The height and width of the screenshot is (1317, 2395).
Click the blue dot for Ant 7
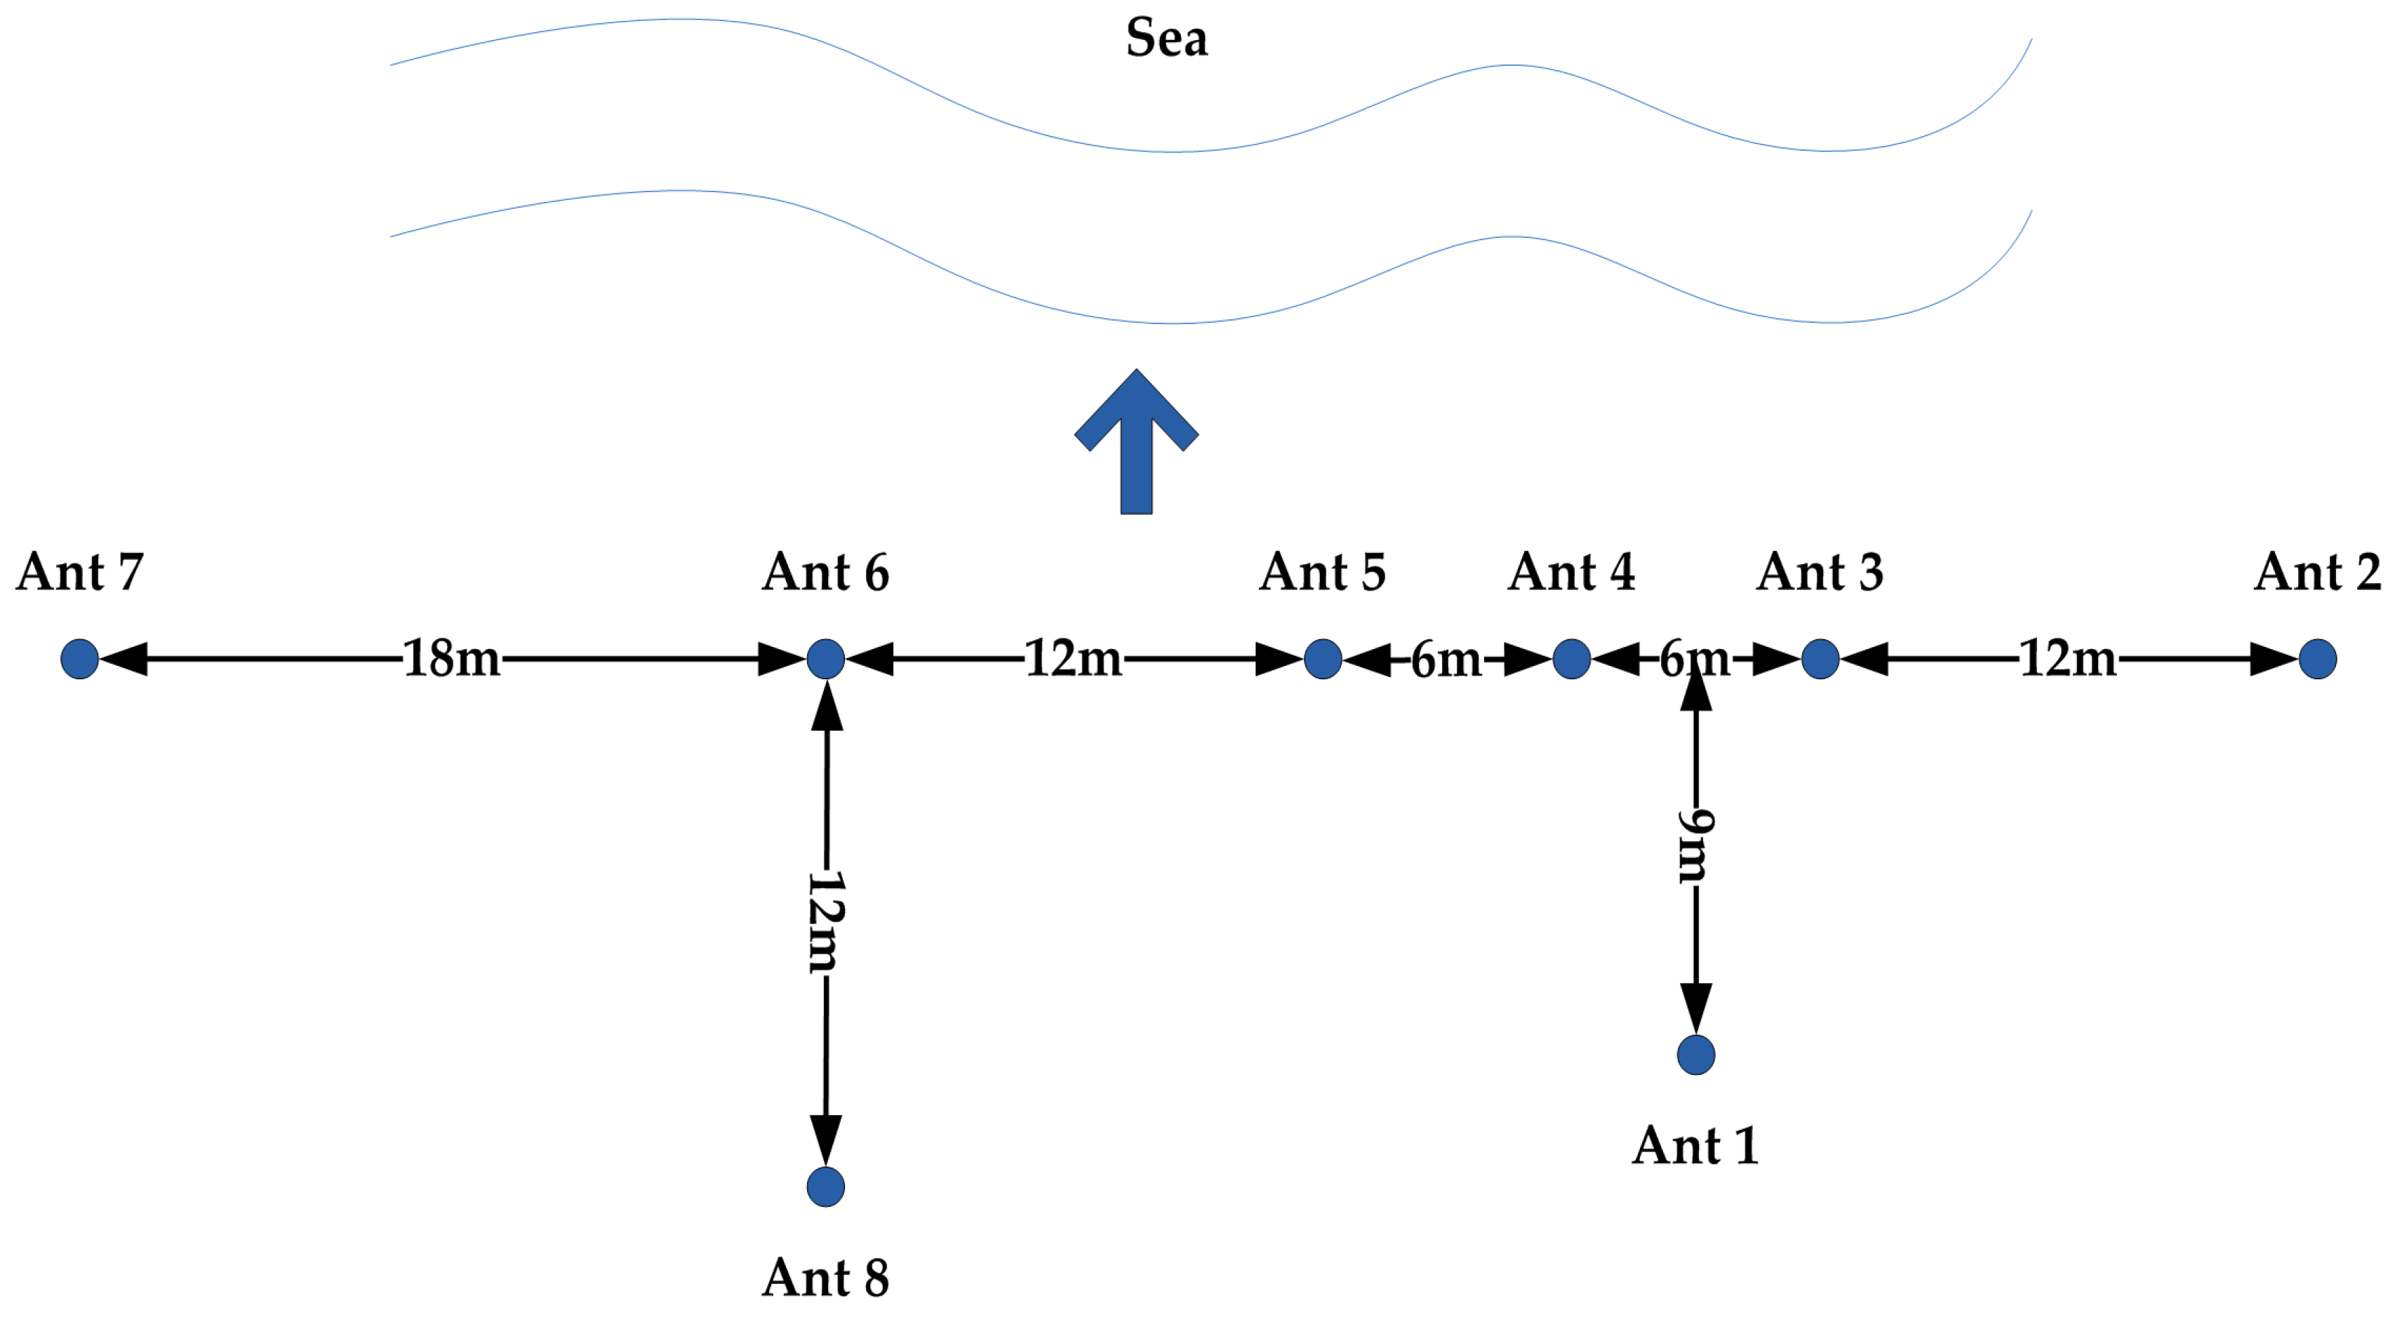pyautogui.click(x=80, y=659)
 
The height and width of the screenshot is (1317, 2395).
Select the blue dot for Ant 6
pyautogui.click(x=826, y=659)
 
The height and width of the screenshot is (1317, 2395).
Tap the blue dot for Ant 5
pyautogui.click(x=1323, y=659)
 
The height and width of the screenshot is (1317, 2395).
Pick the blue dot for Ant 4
pyautogui.click(x=1571, y=659)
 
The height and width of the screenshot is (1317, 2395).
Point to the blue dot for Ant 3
pyautogui.click(x=1820, y=659)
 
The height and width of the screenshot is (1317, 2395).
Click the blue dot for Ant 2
pyautogui.click(x=2318, y=659)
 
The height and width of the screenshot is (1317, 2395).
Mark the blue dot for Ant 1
pyautogui.click(x=1696, y=1055)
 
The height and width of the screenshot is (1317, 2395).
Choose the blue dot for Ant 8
pyautogui.click(x=826, y=1187)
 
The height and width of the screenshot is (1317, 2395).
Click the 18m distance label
pyautogui.click(x=452, y=659)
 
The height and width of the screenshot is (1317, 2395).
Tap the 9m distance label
pyautogui.click(x=1696, y=845)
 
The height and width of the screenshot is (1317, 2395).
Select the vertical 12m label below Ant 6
pyautogui.click(x=826, y=922)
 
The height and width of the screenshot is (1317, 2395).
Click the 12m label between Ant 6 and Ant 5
pyautogui.click(x=1074, y=659)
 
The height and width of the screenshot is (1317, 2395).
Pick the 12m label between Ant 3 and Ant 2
pyautogui.click(x=2069, y=659)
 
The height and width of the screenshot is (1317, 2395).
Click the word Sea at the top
pyautogui.click(x=1167, y=39)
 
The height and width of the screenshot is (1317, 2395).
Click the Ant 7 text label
pyautogui.click(x=80, y=572)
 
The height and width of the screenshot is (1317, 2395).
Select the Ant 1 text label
pyautogui.click(x=1696, y=1145)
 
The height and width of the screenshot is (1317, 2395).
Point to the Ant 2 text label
pyautogui.click(x=2318, y=572)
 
